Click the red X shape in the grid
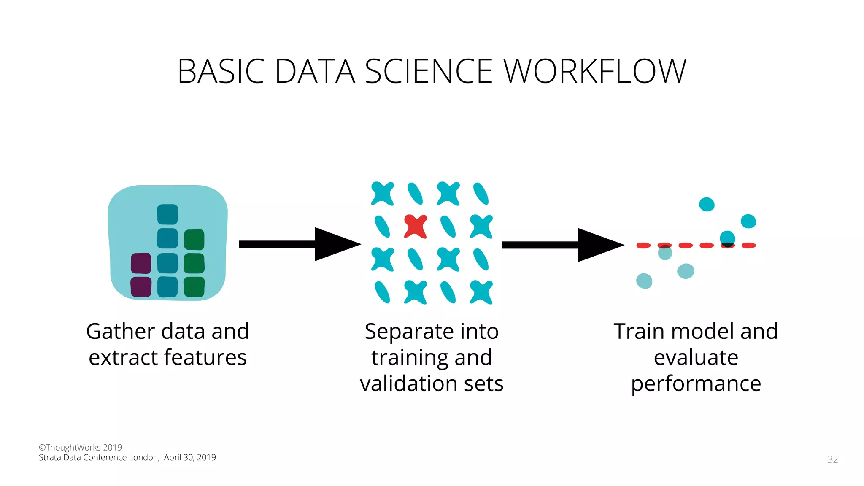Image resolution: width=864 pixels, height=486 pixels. (416, 227)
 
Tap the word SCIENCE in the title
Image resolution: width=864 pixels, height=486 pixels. (428, 71)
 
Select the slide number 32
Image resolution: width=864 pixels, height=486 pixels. (832, 459)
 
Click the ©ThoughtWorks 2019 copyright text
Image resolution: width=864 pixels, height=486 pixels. (80, 447)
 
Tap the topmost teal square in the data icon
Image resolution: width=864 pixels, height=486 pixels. (167, 214)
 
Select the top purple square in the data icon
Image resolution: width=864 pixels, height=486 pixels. (141, 263)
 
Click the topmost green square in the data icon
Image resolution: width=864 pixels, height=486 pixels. (194, 240)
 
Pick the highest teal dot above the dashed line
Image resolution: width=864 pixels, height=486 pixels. (707, 204)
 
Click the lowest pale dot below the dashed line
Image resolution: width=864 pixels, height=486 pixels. (644, 281)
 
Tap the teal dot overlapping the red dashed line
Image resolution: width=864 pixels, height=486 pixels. (727, 240)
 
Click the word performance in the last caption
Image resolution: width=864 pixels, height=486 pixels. (696, 384)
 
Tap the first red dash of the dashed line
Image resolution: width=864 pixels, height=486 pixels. (644, 246)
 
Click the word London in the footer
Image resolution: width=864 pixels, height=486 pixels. (143, 458)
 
